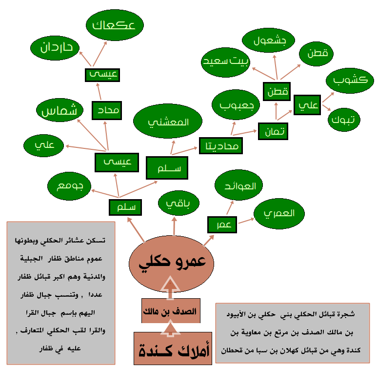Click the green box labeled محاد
click(x=106, y=110)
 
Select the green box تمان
click(x=273, y=130)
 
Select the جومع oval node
click(x=69, y=185)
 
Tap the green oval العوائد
click(x=239, y=185)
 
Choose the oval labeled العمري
click(x=278, y=214)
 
